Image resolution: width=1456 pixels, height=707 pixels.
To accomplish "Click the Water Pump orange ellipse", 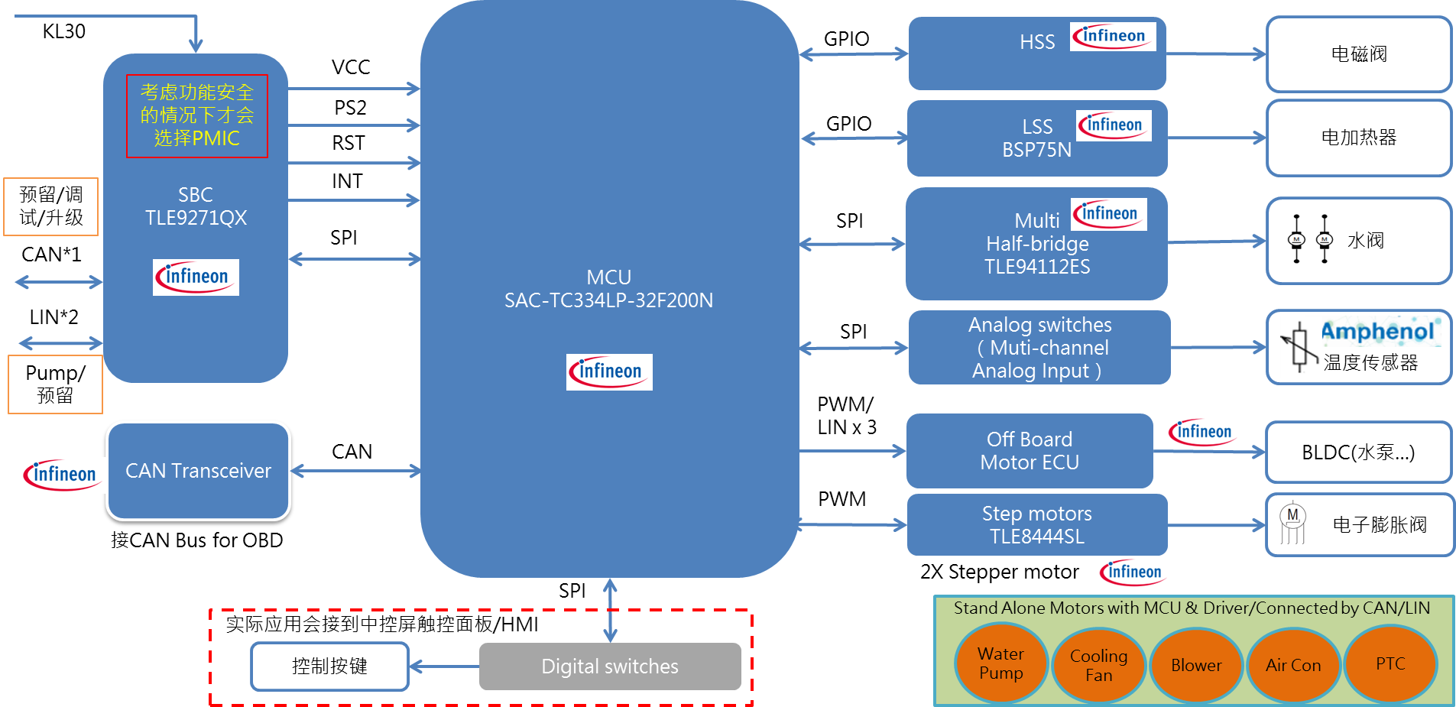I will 1000,663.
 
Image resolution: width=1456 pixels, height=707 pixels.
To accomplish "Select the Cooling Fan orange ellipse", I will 1098,665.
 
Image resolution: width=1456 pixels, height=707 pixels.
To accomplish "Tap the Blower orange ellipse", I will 1196,665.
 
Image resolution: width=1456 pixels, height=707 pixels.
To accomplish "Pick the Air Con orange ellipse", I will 1293,665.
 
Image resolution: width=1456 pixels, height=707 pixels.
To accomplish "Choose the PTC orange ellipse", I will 1390,663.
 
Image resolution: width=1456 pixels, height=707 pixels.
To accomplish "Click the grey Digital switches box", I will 609,666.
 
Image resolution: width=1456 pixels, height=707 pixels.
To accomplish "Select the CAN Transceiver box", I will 198,471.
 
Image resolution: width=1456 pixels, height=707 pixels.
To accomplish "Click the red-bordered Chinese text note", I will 197,116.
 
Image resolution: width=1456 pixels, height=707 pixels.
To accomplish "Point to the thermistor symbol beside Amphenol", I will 1300,348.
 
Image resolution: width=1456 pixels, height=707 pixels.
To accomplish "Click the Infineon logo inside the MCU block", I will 609,372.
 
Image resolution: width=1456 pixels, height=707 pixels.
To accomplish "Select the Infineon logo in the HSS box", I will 1112,37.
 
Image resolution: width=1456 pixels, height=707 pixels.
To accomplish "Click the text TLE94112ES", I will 1036,267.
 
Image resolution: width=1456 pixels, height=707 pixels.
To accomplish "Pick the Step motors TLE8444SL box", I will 1036,525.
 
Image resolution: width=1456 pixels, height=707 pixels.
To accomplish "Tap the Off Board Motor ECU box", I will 1029,451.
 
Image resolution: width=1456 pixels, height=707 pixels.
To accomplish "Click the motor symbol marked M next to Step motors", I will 1292,522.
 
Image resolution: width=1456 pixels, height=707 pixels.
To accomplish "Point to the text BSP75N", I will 1036,150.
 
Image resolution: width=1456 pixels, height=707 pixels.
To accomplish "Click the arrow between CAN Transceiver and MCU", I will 355,471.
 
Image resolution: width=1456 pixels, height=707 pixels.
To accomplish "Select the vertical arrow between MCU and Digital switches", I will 610,610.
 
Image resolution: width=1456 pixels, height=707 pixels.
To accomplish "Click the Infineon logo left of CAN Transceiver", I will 63,475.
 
